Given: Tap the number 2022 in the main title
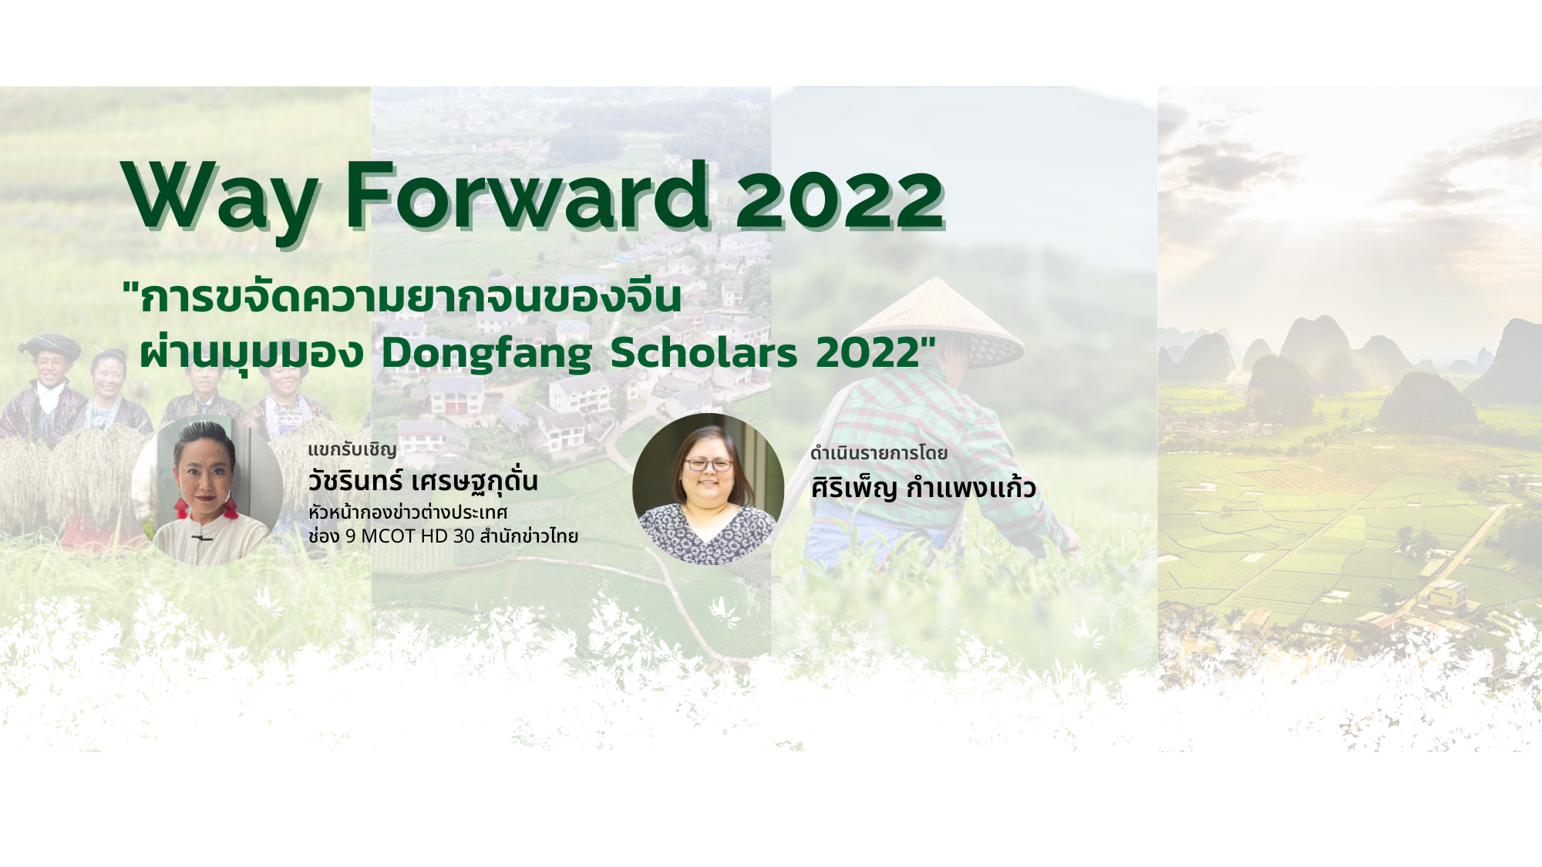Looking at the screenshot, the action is [x=840, y=199].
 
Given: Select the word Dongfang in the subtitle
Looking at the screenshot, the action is [x=487, y=354].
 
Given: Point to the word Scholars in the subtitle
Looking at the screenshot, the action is [x=704, y=352].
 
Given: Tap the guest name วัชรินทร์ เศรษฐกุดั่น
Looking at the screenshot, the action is [x=423, y=481].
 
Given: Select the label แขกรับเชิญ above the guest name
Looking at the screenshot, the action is [x=352, y=449].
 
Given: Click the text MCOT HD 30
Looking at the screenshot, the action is [x=417, y=536].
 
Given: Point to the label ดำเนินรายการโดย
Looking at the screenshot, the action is [x=878, y=453].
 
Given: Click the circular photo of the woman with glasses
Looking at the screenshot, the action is [x=708, y=489].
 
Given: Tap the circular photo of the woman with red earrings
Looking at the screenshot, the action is [x=207, y=491].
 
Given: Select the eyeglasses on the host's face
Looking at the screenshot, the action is [x=709, y=465].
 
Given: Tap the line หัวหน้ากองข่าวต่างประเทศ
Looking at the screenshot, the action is [x=408, y=512].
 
